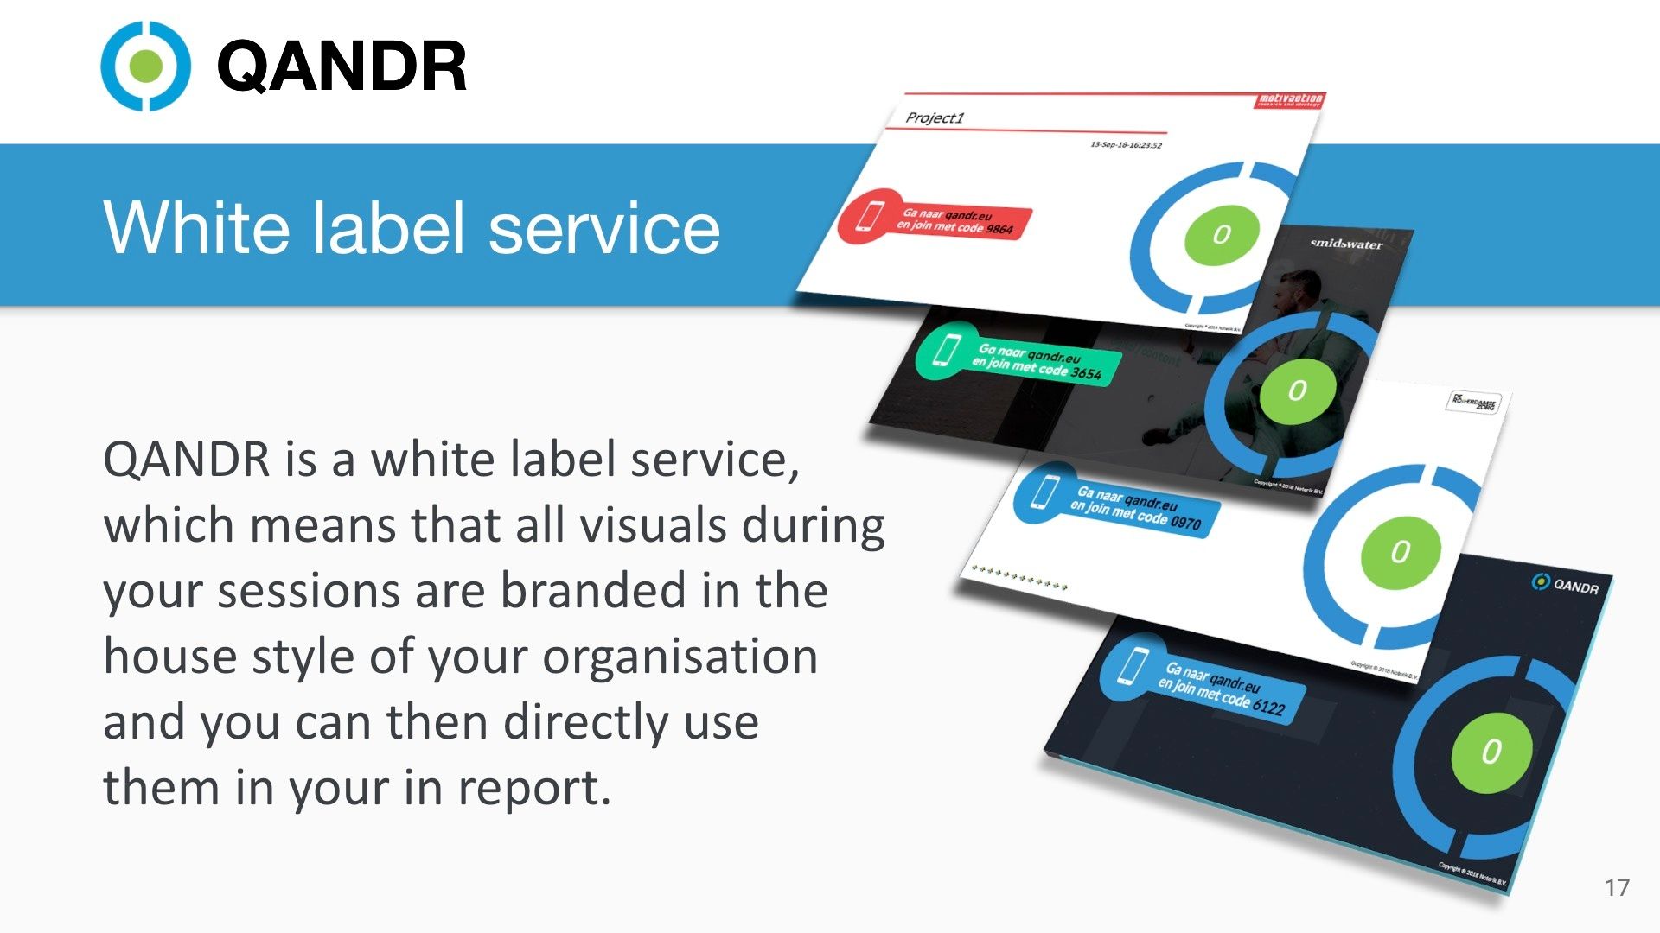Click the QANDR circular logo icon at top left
(145, 67)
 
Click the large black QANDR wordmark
(342, 67)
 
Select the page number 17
(1617, 887)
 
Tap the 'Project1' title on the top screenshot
(934, 117)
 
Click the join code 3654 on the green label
(1086, 373)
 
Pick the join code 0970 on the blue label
(1185, 523)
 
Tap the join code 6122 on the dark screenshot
(1268, 707)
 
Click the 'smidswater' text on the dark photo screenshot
(1346, 244)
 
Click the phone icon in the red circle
(868, 216)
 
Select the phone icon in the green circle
(947, 351)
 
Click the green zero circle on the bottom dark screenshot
(1491, 752)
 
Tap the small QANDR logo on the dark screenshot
(1566, 585)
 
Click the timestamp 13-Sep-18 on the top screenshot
(1126, 144)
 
